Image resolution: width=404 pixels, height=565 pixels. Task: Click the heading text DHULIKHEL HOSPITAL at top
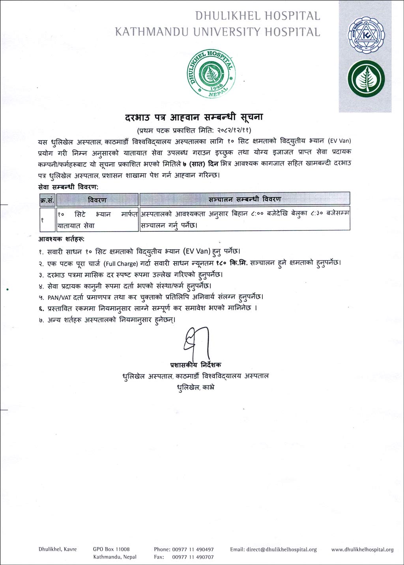(x=258, y=16)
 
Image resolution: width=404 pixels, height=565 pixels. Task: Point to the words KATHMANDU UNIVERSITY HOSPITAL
(x=217, y=32)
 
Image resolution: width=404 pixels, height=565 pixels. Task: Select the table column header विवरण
(x=97, y=200)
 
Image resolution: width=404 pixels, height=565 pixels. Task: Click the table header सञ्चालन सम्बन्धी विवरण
(x=245, y=199)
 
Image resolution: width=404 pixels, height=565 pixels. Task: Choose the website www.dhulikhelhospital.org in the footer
(x=362, y=549)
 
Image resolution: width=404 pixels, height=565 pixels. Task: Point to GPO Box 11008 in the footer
(x=111, y=549)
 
